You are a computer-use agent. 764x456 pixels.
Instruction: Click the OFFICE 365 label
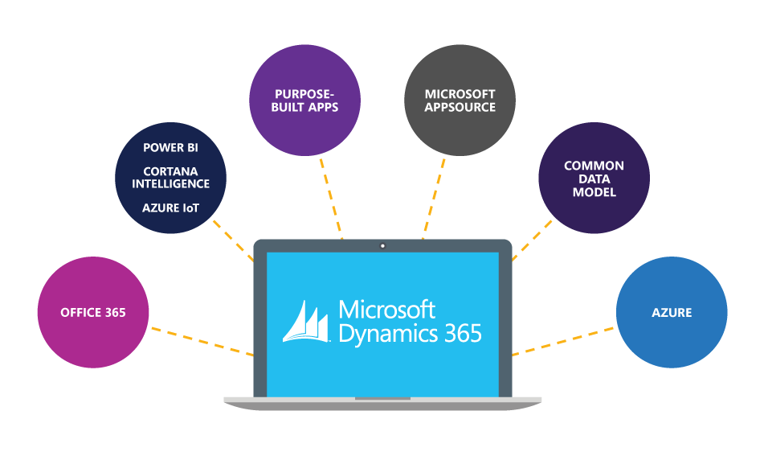click(93, 313)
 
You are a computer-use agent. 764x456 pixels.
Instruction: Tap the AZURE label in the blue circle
click(672, 313)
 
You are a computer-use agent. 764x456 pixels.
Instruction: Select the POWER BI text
click(170, 148)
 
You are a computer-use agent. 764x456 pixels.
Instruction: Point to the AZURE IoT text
click(170, 208)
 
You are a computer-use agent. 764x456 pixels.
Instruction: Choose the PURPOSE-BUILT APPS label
click(306, 101)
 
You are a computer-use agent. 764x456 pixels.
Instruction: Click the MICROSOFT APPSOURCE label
click(460, 101)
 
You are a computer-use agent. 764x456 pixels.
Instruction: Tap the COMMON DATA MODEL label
click(594, 179)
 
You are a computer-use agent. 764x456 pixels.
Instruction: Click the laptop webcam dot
click(382, 245)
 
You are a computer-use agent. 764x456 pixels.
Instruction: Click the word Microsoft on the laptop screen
click(386, 310)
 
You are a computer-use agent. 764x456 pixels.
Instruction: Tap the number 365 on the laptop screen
click(460, 333)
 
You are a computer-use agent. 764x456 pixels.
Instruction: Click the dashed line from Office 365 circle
click(201, 341)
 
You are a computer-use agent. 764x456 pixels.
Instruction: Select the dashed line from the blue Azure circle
click(562, 341)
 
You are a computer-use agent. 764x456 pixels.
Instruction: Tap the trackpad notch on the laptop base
click(382, 398)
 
